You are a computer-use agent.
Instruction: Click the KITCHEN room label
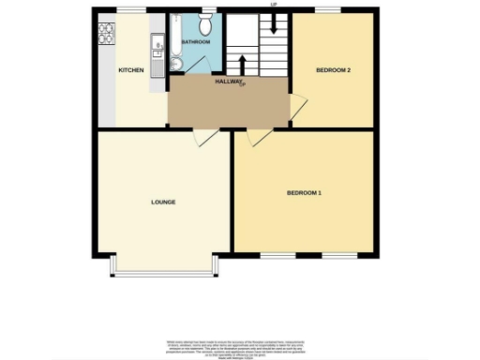click(129, 71)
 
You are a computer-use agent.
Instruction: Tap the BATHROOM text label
click(195, 42)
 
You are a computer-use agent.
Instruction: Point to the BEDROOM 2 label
click(333, 70)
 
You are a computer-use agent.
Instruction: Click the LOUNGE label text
click(163, 202)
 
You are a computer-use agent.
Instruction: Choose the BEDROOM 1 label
click(304, 193)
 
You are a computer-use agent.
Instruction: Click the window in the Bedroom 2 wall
click(327, 10)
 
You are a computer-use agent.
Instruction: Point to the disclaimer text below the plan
click(239, 344)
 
